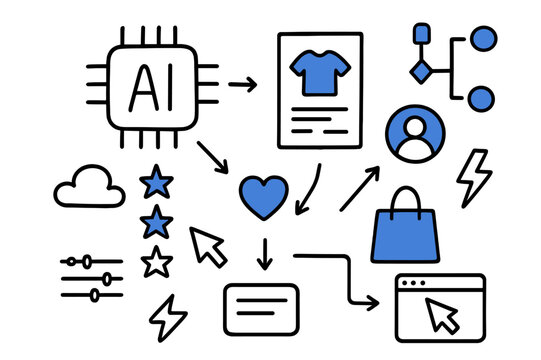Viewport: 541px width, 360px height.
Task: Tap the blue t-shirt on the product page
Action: pyautogui.click(x=319, y=75)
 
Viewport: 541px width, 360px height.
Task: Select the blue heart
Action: pyautogui.click(x=264, y=196)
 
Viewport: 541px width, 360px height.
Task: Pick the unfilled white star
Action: pyautogui.click(x=156, y=262)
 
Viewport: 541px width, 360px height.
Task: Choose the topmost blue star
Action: pyautogui.click(x=156, y=182)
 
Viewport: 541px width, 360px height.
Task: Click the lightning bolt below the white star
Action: pyautogui.click(x=168, y=317)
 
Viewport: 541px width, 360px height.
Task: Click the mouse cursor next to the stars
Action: pyautogui.click(x=208, y=246)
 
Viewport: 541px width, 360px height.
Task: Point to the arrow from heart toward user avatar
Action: pyautogui.click(x=360, y=188)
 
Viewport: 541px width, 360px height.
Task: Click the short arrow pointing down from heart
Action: pyautogui.click(x=264, y=254)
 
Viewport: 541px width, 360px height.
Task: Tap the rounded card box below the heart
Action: pyautogui.click(x=262, y=309)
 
